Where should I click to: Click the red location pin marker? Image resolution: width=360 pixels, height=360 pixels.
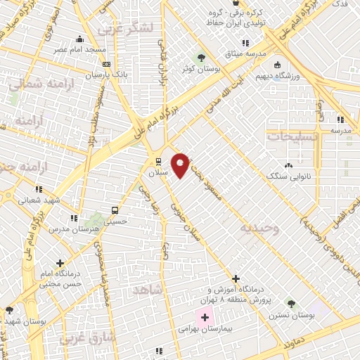coord(181,165)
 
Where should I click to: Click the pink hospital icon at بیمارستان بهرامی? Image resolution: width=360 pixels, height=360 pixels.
coord(205,317)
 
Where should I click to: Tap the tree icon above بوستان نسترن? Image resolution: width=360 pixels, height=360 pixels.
coord(290,304)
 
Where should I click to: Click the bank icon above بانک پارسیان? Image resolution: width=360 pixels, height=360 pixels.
coord(106,64)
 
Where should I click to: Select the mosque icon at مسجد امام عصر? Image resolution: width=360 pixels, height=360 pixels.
coord(79,39)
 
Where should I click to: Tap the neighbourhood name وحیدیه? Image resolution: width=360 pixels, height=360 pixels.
coord(258,229)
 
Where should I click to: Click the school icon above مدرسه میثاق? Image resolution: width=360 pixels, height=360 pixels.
coord(245,44)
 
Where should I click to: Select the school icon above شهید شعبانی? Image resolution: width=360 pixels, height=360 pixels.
coord(39,188)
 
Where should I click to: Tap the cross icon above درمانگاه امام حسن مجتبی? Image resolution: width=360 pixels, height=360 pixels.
coord(60,263)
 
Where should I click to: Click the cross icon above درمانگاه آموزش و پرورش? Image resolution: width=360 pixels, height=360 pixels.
coord(236,278)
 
